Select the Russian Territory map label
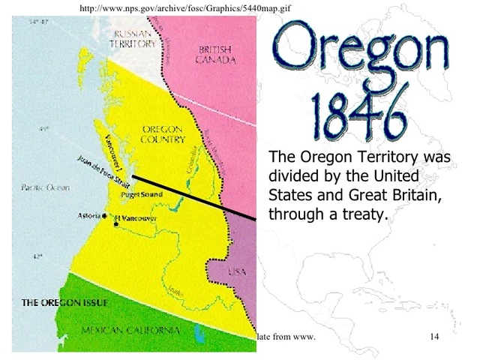click(133, 39)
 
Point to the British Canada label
click(215, 55)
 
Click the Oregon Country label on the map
click(162, 134)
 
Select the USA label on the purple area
click(236, 272)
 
